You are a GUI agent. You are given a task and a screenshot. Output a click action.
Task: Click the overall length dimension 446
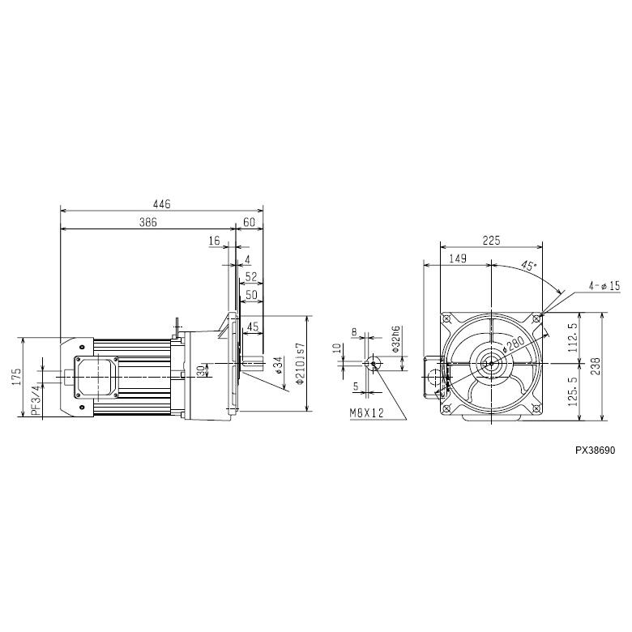tap(162, 205)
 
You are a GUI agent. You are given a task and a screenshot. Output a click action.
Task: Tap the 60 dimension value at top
tap(249, 221)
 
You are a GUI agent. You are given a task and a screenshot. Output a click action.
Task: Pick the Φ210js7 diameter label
tap(301, 364)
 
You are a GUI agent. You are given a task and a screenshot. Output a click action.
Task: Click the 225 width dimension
tap(491, 240)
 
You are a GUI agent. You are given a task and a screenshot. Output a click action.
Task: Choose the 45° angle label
tap(527, 266)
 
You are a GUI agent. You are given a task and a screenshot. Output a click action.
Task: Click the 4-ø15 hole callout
tap(604, 285)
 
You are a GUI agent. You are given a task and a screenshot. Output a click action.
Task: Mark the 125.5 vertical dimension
tap(572, 393)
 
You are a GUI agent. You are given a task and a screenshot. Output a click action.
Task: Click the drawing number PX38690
tap(596, 446)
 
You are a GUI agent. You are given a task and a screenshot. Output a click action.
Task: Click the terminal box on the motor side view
tap(96, 377)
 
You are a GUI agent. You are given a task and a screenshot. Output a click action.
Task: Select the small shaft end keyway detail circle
tap(374, 363)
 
